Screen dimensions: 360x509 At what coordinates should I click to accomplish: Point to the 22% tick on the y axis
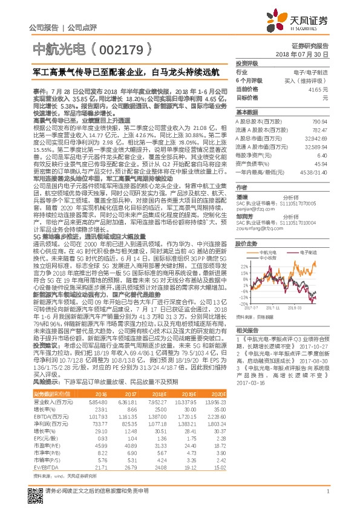[x=244, y=265]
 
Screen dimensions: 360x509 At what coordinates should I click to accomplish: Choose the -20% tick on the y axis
[x=244, y=303]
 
